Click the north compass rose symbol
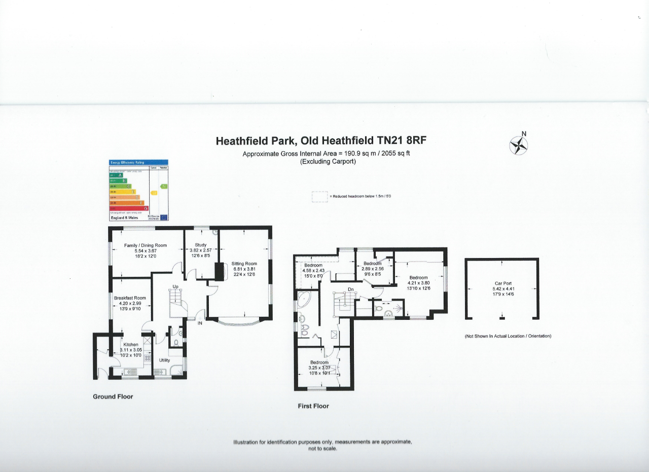click(x=518, y=146)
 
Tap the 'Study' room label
click(x=200, y=245)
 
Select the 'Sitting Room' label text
click(x=244, y=264)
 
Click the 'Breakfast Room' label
click(x=130, y=298)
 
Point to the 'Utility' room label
click(x=164, y=360)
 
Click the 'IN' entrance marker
click(x=200, y=323)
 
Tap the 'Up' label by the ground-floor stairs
click(x=175, y=287)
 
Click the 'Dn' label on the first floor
click(x=350, y=289)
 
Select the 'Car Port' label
click(x=501, y=284)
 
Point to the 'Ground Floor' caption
click(x=113, y=396)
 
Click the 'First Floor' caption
click(x=313, y=406)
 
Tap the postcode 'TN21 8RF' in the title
click(x=406, y=141)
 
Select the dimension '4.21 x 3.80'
click(x=419, y=283)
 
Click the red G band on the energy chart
click(x=129, y=208)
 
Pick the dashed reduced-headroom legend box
click(x=319, y=196)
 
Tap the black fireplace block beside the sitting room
click(x=219, y=272)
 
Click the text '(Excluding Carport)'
click(x=328, y=162)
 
